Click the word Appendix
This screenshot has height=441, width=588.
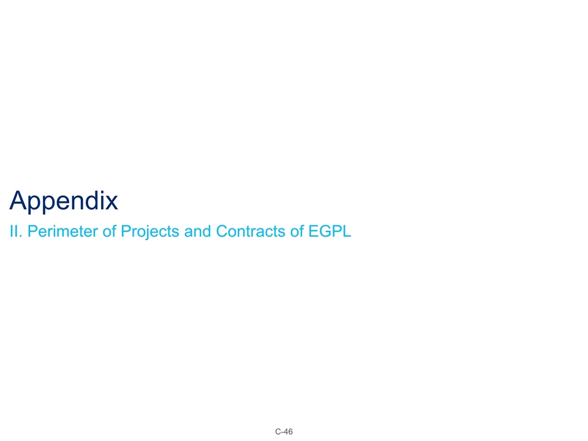(64, 201)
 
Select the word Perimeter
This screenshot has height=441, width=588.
(57, 232)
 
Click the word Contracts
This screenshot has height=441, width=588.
(244, 232)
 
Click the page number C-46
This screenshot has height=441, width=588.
(284, 432)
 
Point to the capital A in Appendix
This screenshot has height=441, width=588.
(20, 201)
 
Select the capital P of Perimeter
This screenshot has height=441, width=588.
(31, 232)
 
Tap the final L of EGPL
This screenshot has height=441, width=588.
(347, 232)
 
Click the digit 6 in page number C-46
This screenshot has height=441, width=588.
(290, 432)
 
